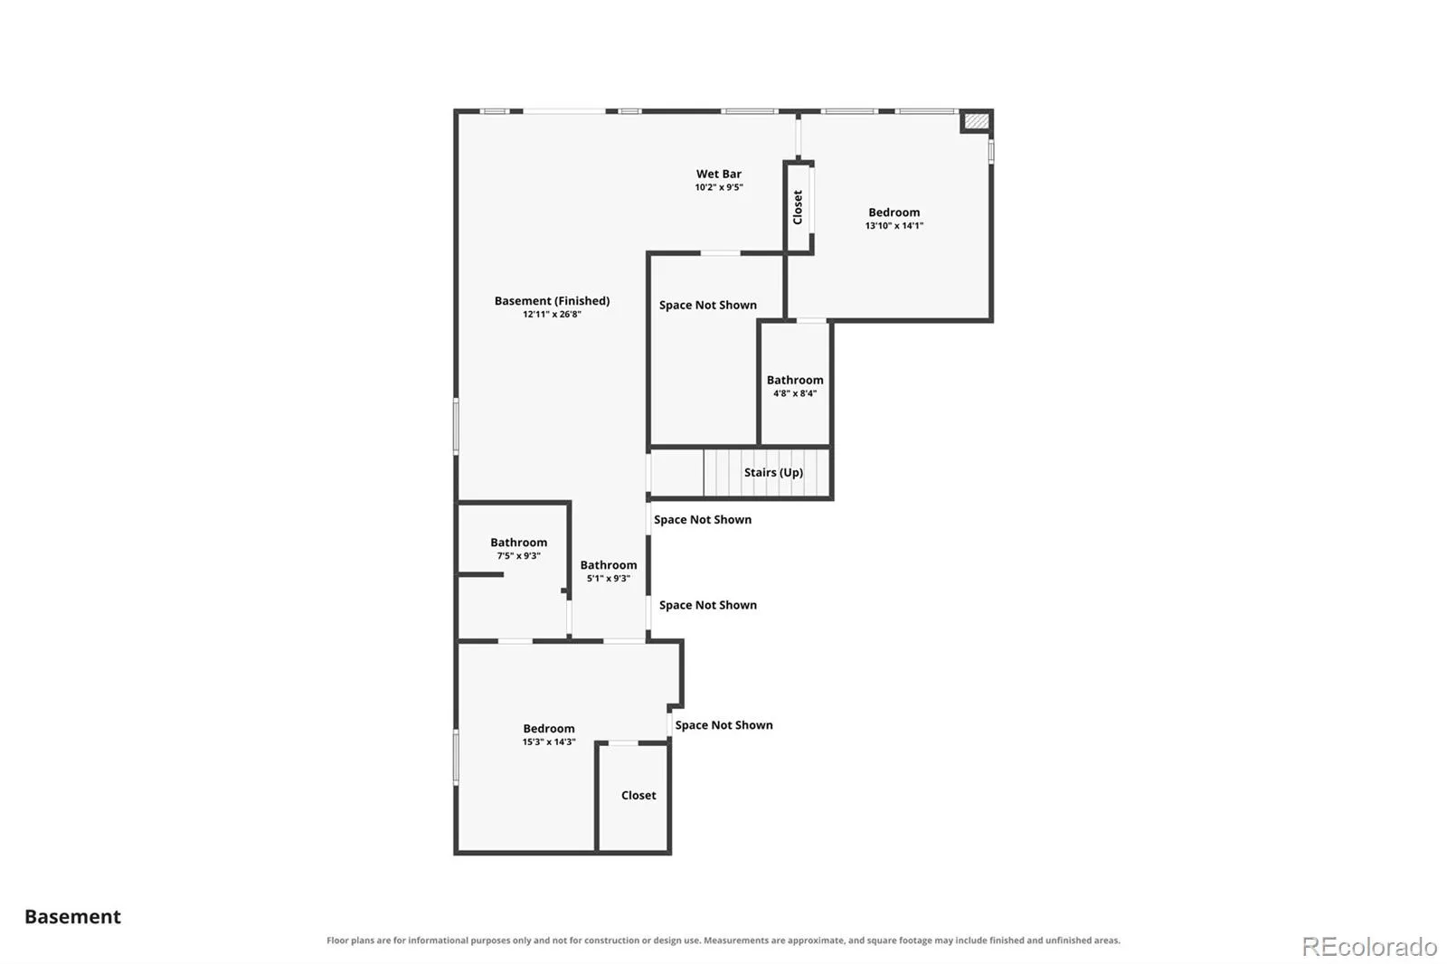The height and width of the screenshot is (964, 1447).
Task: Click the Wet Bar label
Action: [x=718, y=174]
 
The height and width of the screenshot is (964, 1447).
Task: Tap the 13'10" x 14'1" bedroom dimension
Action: [x=894, y=225]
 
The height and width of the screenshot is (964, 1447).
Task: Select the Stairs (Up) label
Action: [x=773, y=472]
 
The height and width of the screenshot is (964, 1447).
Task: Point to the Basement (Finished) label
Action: [x=552, y=300]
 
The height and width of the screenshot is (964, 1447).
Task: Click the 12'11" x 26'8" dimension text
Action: [x=552, y=315]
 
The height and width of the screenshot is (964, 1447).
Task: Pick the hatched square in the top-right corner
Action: [x=976, y=121]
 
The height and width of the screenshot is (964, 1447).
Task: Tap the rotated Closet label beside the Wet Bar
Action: [x=798, y=207]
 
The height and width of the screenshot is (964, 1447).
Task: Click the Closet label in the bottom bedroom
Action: [x=638, y=796]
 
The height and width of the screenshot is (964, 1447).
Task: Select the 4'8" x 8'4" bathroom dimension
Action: [x=795, y=393]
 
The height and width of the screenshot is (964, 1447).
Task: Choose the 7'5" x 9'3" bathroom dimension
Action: [x=518, y=555]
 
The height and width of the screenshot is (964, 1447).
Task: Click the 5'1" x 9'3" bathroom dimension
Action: [x=608, y=578]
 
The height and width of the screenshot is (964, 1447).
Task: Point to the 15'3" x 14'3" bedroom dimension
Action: [x=548, y=742]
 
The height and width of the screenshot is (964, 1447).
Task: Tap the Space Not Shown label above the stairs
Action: [x=707, y=305]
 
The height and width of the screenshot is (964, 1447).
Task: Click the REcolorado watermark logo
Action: [x=1369, y=947]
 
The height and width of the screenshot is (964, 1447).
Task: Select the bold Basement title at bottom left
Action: [x=72, y=917]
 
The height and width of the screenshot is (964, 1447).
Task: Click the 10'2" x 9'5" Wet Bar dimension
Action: [x=718, y=187]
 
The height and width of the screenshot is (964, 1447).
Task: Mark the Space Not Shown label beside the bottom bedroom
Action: [x=723, y=725]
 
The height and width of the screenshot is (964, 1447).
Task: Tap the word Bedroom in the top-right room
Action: [x=894, y=212]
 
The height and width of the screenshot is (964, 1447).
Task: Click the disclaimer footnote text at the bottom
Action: [x=723, y=940]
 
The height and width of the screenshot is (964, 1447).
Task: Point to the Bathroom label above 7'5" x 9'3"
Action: [x=518, y=542]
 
